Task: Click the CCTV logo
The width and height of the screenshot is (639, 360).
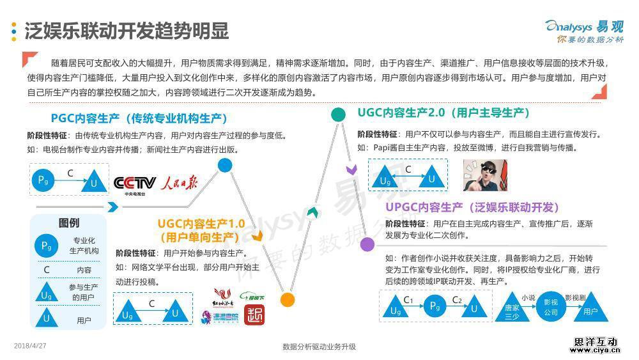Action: (134, 184)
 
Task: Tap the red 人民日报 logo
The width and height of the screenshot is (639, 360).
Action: (179, 183)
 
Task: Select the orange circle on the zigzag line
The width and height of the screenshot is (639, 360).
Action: (288, 299)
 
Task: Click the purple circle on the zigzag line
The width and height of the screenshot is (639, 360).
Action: (367, 244)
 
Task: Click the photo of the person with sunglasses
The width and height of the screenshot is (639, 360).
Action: (485, 175)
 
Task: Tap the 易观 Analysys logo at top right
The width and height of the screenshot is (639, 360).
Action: (584, 30)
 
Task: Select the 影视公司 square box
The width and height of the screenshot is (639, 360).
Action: (550, 307)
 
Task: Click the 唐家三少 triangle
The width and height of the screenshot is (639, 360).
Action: (512, 308)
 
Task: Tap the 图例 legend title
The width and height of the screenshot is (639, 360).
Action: (69, 223)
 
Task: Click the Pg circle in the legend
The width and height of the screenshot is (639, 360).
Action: (46, 246)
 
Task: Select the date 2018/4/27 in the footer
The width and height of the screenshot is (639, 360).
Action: (31, 346)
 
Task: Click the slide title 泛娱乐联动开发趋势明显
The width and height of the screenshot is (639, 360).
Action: (126, 31)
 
